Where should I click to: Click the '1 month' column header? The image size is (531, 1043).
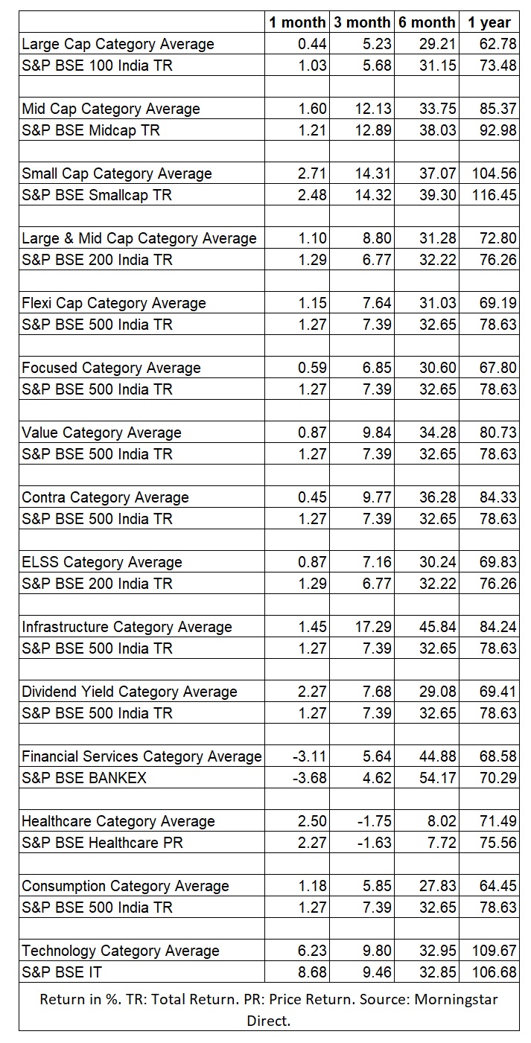point(298,22)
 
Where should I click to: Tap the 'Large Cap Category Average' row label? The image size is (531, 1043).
point(118,44)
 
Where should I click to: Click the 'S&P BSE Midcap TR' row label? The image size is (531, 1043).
point(91,130)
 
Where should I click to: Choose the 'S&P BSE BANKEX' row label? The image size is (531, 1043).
point(84,778)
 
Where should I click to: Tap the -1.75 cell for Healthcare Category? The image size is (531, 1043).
point(373,821)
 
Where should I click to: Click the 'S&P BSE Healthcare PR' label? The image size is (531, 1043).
point(102,843)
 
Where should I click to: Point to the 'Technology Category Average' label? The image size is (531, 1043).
point(121,951)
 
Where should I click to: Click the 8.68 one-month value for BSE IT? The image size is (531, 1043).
point(312,972)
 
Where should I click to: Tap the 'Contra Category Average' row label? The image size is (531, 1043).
point(105,497)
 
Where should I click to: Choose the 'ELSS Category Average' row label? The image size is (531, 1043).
point(102,562)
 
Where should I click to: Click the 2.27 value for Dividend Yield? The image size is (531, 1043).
point(312,692)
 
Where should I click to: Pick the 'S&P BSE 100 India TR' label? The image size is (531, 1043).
point(97,66)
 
